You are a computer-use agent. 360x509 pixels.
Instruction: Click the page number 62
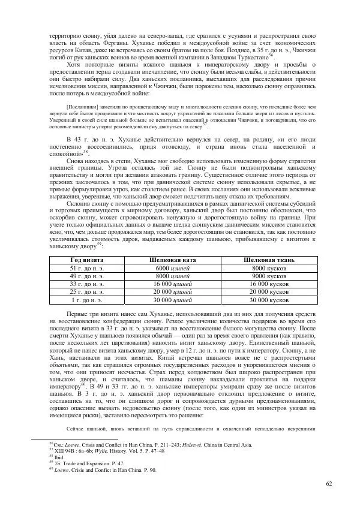[x=328, y=483]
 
